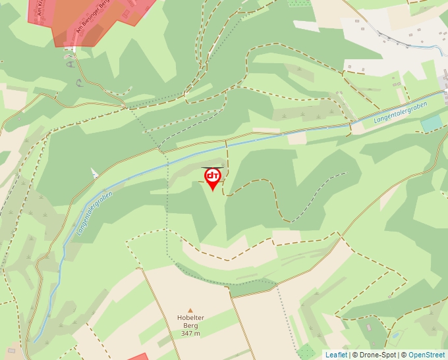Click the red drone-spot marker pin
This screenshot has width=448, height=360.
pyautogui.click(x=212, y=178)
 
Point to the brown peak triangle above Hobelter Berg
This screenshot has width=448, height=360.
pyautogui.click(x=190, y=310)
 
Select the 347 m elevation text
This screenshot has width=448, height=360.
pyautogui.click(x=190, y=334)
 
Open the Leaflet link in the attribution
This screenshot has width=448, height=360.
pyautogui.click(x=336, y=355)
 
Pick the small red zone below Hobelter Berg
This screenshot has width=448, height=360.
pyautogui.click(x=138, y=357)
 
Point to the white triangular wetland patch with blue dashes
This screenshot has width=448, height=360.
pyautogui.click(x=94, y=173)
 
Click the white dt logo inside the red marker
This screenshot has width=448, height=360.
pyautogui.click(x=212, y=176)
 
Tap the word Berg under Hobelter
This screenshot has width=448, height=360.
pyautogui.click(x=190, y=326)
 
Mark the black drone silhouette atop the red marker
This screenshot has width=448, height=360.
pyautogui.click(x=212, y=168)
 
